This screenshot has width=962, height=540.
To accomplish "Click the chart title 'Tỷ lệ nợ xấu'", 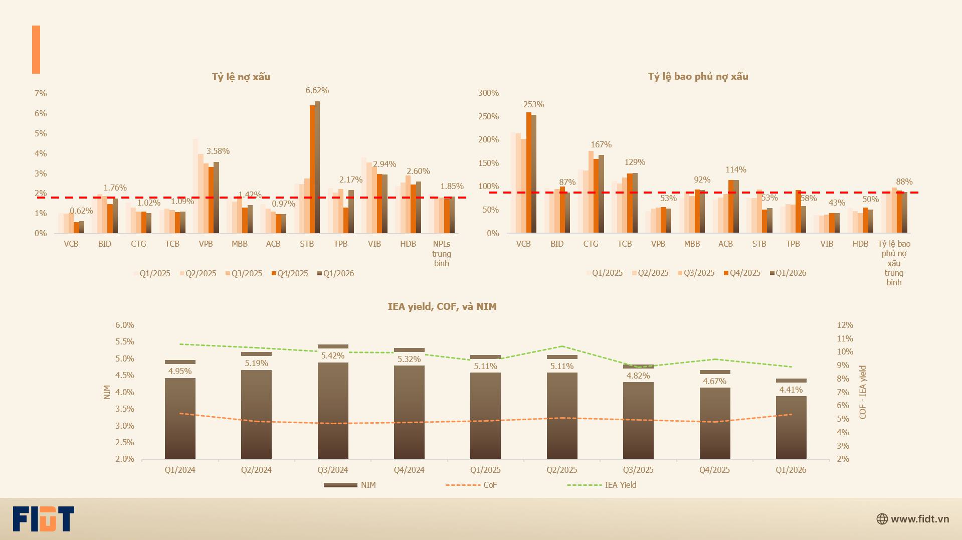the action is [x=241, y=77].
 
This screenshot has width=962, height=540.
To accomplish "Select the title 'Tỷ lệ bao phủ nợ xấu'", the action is [x=698, y=76].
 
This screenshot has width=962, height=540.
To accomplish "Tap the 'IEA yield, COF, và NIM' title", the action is [x=442, y=306].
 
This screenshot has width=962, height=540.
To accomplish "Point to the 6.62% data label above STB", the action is [x=317, y=91].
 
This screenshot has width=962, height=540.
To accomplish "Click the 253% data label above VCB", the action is [x=533, y=104].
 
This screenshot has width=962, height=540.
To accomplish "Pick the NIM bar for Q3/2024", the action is [x=333, y=402].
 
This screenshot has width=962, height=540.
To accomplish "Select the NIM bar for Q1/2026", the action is [x=791, y=419].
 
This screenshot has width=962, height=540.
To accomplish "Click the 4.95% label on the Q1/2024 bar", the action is [x=180, y=371].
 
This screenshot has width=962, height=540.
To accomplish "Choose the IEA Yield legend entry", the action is [x=602, y=485].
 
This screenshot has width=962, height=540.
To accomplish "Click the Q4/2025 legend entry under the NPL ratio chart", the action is [x=290, y=273].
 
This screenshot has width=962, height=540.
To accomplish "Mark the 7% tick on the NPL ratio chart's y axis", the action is [x=41, y=93].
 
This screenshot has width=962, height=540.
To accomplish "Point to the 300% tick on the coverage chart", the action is [x=488, y=93].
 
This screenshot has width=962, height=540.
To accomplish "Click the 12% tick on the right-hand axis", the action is [x=845, y=325].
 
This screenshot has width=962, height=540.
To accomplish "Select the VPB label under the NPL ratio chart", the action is [x=206, y=244].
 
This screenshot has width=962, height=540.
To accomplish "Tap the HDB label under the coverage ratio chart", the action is [x=860, y=244].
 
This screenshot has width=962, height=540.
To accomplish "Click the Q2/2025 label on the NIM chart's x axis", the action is [x=561, y=470].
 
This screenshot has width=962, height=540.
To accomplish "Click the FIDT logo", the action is [x=44, y=519].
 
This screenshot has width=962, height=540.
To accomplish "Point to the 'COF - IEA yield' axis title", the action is [x=862, y=392].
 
